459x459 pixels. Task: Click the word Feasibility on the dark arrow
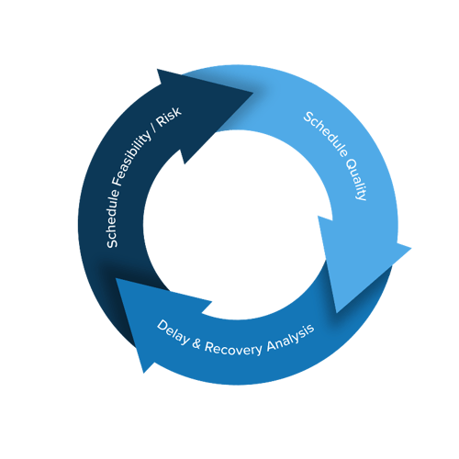[x=131, y=158]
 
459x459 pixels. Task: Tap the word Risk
[x=169, y=116]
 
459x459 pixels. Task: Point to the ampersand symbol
[x=197, y=344]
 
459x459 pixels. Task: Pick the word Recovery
[x=233, y=349]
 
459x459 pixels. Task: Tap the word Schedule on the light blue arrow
[x=325, y=135]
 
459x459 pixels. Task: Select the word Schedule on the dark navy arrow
[x=112, y=218]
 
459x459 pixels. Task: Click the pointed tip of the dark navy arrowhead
[x=253, y=92]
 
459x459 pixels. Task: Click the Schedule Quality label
[x=335, y=156]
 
